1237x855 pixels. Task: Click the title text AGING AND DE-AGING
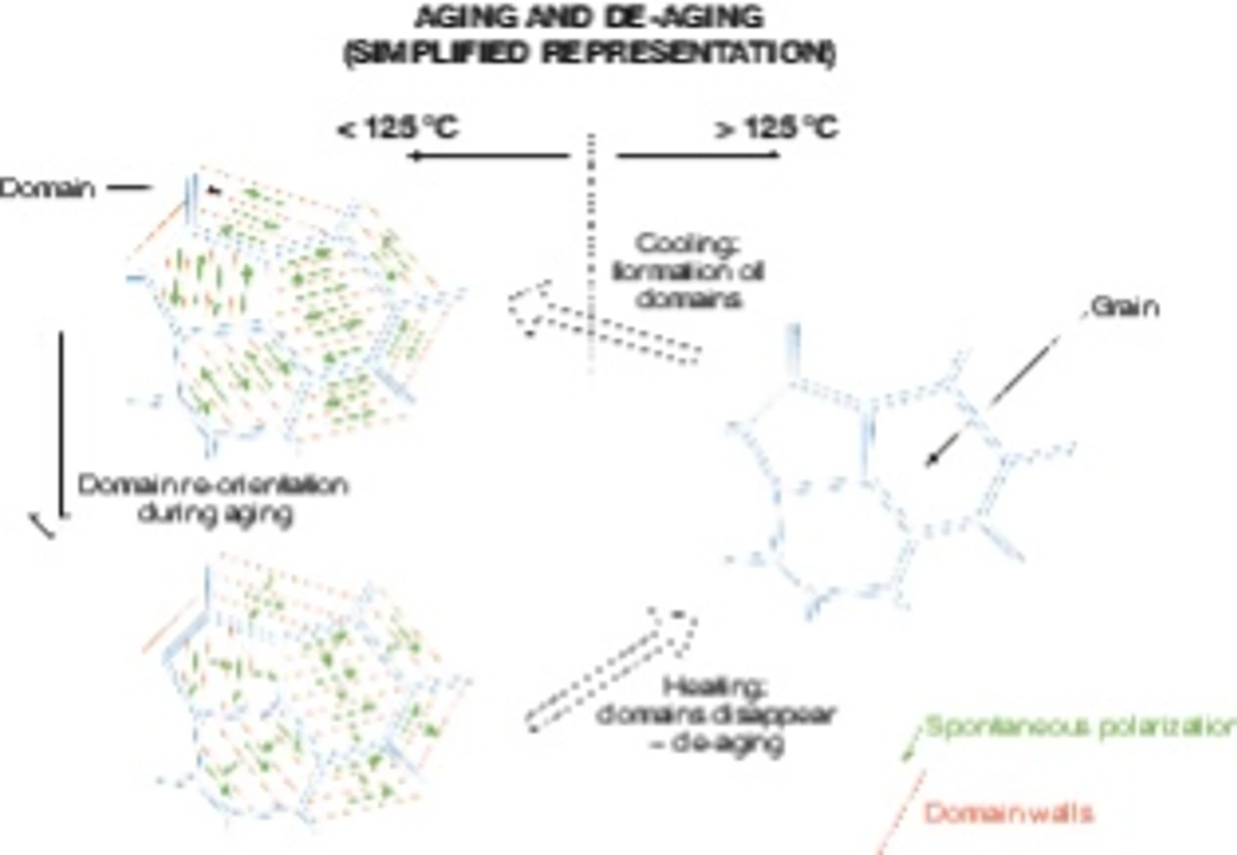(x=590, y=18)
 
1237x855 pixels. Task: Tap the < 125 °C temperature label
(x=397, y=128)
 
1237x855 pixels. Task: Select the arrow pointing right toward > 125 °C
(x=698, y=156)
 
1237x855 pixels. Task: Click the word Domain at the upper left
(x=47, y=188)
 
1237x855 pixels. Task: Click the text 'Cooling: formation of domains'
(x=689, y=271)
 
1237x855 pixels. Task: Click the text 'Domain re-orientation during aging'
(x=212, y=499)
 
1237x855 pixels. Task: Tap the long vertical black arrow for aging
(x=60, y=425)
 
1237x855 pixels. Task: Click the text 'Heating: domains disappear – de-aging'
(x=715, y=716)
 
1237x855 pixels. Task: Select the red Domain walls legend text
(x=1008, y=813)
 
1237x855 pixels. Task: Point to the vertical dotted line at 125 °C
(x=591, y=251)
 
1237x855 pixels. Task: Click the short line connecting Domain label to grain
(x=128, y=187)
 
